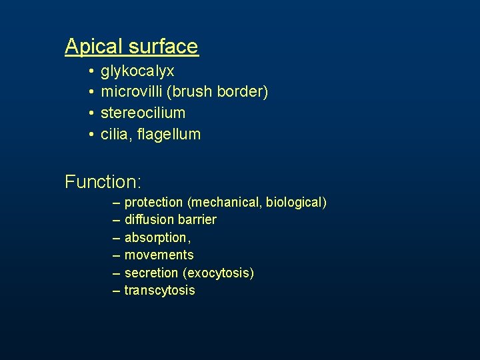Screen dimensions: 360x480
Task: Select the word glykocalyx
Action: [137, 71]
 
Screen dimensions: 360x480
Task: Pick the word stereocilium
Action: [143, 113]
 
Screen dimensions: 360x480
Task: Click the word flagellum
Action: [171, 134]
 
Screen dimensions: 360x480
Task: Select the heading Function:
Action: [103, 181]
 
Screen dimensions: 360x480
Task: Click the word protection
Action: [153, 202]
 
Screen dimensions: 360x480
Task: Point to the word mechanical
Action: [225, 202]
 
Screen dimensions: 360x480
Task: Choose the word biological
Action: [295, 202]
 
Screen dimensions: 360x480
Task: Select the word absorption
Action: [155, 237]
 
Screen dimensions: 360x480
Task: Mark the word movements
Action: [159, 255]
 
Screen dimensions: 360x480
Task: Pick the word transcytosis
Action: [159, 290]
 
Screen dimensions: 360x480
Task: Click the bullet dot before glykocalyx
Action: [90, 71]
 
